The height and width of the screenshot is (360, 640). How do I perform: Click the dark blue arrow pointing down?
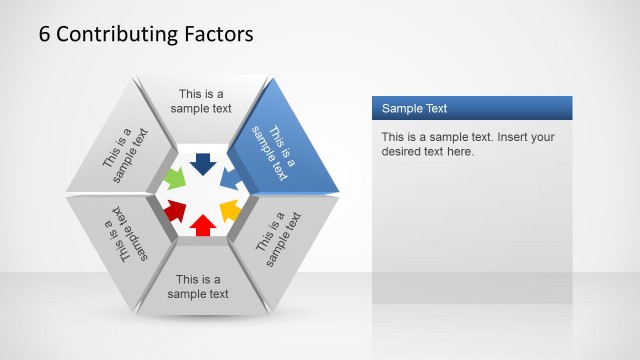pos(202,163)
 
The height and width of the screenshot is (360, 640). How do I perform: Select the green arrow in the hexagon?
pos(175,180)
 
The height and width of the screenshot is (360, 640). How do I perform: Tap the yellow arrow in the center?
pos(229,210)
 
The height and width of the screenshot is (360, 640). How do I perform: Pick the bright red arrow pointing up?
pos(202,225)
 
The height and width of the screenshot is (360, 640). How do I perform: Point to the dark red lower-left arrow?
pos(176,210)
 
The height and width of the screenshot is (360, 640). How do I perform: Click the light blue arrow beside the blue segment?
pos(229,180)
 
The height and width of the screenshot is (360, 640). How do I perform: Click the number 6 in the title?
pos(45,34)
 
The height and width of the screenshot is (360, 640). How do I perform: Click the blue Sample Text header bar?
pos(471,108)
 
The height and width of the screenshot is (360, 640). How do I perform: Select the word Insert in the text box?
pos(505,137)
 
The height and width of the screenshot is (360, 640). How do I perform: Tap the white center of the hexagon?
pos(202,194)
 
